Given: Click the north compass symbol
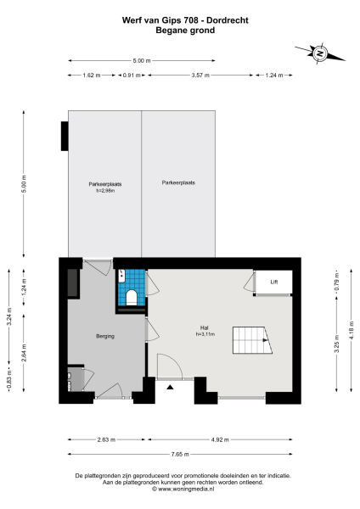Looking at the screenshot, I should tap(320, 53).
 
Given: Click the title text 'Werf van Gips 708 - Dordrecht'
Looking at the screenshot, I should tap(179, 19).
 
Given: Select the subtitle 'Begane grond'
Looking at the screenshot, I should tap(179, 30).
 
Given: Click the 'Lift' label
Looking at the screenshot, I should tap(273, 281).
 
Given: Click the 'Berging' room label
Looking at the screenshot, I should tap(105, 337).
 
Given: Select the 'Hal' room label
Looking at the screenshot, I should tap(204, 328).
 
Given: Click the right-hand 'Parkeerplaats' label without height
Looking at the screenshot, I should tap(178, 182).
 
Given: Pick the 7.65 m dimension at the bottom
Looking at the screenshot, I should tap(179, 455).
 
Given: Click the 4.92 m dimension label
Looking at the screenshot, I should tap(220, 439).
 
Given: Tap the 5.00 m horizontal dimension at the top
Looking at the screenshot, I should tap(141, 60).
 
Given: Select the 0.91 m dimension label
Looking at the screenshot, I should tap(130, 76).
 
